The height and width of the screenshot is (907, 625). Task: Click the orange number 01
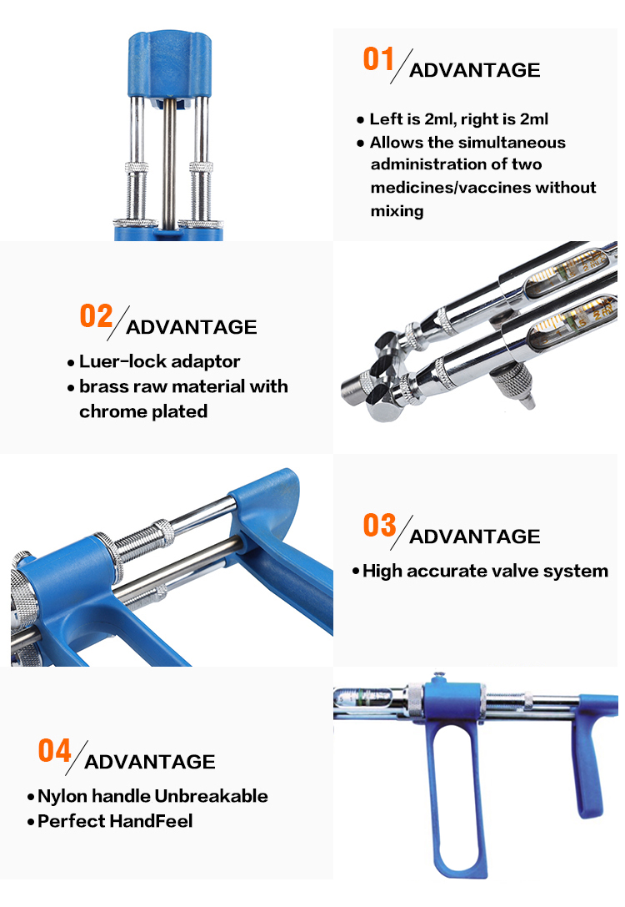coord(378,59)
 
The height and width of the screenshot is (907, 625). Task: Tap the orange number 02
coord(96,316)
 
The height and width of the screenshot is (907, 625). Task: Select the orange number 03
coord(379,525)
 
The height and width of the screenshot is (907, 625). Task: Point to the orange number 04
coord(54,751)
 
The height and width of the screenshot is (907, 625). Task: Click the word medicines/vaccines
coord(451,188)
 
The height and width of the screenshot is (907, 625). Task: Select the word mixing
coord(397,211)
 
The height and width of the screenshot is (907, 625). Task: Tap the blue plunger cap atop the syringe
coord(169,63)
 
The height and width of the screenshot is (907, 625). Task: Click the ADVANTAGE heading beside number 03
coord(475,537)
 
